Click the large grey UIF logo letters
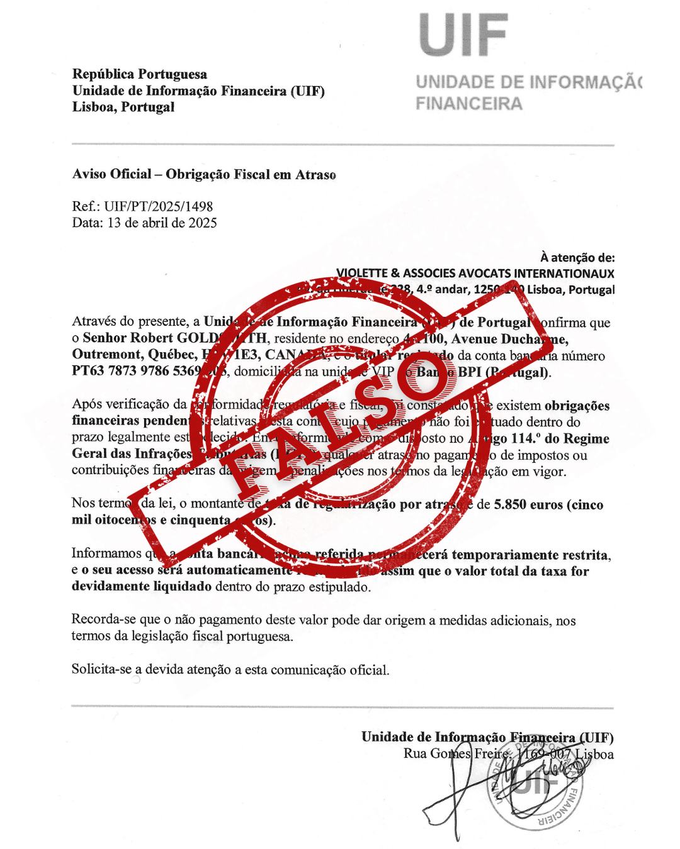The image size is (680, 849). coord(465,35)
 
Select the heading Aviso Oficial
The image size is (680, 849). coord(111,174)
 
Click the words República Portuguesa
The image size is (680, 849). coord(140,75)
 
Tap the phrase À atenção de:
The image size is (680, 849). coord(577,257)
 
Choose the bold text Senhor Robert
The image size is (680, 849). coord(124,339)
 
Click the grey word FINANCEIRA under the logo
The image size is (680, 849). coord(468,104)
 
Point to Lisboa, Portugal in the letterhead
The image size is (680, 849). coord(123,107)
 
